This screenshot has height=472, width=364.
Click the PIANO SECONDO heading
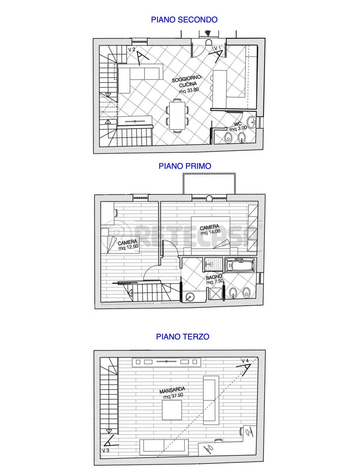tap(184, 20)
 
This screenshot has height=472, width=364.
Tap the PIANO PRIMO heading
tap(185, 166)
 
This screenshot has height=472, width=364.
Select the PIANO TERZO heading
tap(183, 337)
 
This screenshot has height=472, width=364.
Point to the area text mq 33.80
tap(189, 90)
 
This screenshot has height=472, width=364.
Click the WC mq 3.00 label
tap(238, 126)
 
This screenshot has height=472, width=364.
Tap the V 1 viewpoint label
tap(217, 48)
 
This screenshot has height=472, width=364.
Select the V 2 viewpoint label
tap(132, 49)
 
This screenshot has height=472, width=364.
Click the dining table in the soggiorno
tap(177, 115)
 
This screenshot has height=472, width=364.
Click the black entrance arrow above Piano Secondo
tap(208, 33)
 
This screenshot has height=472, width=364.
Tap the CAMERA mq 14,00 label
tap(210, 230)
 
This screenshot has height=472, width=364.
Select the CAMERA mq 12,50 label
tap(128, 245)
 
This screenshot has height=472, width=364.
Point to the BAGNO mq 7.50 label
tap(214, 280)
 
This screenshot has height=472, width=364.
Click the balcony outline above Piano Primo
tap(209, 173)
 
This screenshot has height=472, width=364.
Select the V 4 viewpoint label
tap(245, 361)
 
